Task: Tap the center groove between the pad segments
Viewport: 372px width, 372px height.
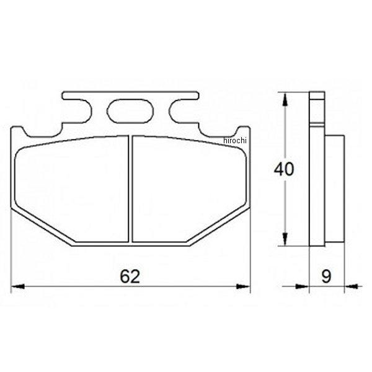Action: point(130,188)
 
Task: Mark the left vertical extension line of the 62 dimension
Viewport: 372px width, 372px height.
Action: point(12,260)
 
